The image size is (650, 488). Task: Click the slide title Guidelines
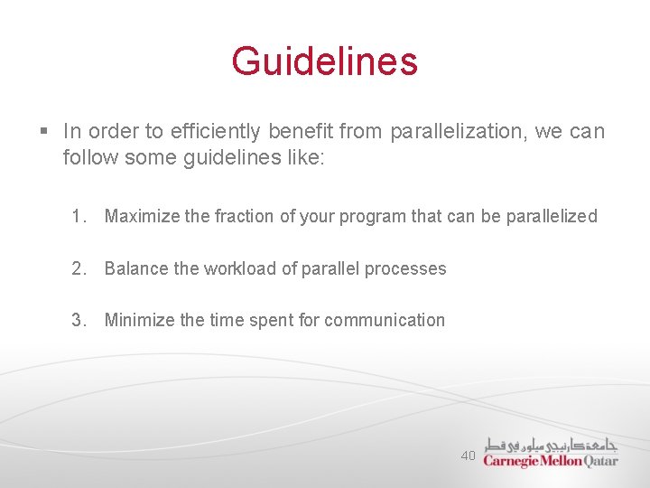pos(324,61)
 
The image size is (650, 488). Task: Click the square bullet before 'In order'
pos(44,132)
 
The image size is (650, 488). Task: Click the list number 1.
pos(79,216)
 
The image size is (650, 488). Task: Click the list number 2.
pos(79,268)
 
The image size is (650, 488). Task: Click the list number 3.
pos(79,320)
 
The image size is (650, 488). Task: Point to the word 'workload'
pos(238,268)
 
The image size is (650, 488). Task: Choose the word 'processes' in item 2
pos(406,268)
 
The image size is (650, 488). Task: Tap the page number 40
pos(468,456)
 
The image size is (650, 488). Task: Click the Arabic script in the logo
pos(551,444)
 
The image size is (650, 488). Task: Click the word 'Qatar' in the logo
pos(601,460)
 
